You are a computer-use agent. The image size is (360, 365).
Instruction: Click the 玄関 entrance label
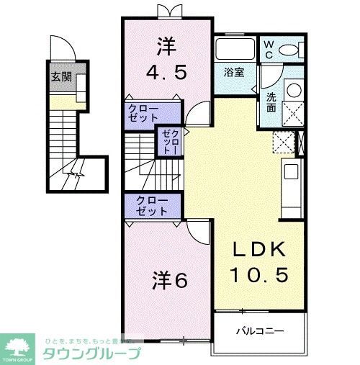coord(60,78)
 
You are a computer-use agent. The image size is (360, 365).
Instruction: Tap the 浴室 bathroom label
coord(233,72)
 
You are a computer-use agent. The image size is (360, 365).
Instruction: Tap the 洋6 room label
coord(170,279)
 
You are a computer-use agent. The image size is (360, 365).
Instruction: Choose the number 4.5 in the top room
coord(167,73)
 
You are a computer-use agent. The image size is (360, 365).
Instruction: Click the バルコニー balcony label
coord(260,332)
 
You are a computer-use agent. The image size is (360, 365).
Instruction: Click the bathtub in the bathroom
coord(234,50)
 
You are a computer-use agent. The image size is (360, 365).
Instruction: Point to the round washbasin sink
coord(293,91)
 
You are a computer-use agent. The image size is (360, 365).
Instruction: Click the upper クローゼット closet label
coord(144,114)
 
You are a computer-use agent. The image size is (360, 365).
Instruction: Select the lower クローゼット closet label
coord(153,207)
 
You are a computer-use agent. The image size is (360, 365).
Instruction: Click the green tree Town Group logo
coord(17,347)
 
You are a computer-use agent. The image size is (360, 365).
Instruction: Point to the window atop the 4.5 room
coord(166,9)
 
